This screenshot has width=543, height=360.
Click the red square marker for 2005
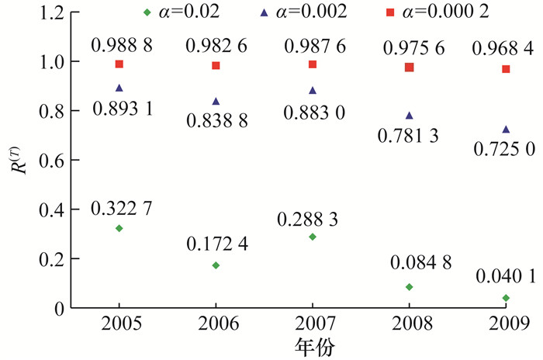119,64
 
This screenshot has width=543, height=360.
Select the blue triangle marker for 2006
216,101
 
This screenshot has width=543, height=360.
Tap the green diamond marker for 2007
313,237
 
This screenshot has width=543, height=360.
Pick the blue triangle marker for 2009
506,129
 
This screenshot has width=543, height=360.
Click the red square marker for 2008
410,67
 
